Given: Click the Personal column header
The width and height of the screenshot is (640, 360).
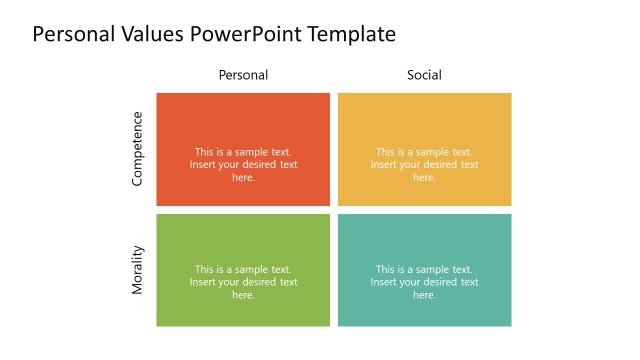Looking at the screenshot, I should click(243, 75).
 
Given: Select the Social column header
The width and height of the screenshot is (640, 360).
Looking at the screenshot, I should click(424, 75).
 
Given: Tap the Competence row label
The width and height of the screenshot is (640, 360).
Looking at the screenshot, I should click(138, 149).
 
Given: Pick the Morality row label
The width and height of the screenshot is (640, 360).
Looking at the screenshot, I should click(138, 270).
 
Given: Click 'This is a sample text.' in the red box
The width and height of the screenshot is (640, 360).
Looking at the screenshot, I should click(243, 152).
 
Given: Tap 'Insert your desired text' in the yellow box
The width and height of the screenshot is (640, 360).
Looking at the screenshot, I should click(424, 165).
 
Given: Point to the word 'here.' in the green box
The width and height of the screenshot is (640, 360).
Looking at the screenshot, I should click(243, 295).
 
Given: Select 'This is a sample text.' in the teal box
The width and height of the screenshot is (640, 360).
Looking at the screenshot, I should click(424, 269).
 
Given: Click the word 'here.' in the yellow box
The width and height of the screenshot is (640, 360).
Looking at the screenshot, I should click(424, 178).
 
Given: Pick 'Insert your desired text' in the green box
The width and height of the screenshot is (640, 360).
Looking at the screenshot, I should click(243, 282).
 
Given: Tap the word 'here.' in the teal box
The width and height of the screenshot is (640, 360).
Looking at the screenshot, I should click(424, 295).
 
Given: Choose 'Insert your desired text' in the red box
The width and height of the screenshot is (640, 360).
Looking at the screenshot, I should click(243, 165).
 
